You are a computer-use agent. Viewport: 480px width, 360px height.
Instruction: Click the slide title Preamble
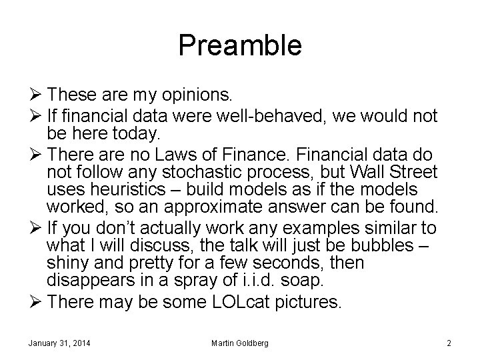[x=240, y=45]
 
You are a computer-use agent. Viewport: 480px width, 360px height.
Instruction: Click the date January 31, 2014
[x=60, y=343]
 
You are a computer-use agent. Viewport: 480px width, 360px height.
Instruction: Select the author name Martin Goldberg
[x=239, y=343]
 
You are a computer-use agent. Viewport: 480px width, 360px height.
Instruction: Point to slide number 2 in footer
[x=449, y=343]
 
